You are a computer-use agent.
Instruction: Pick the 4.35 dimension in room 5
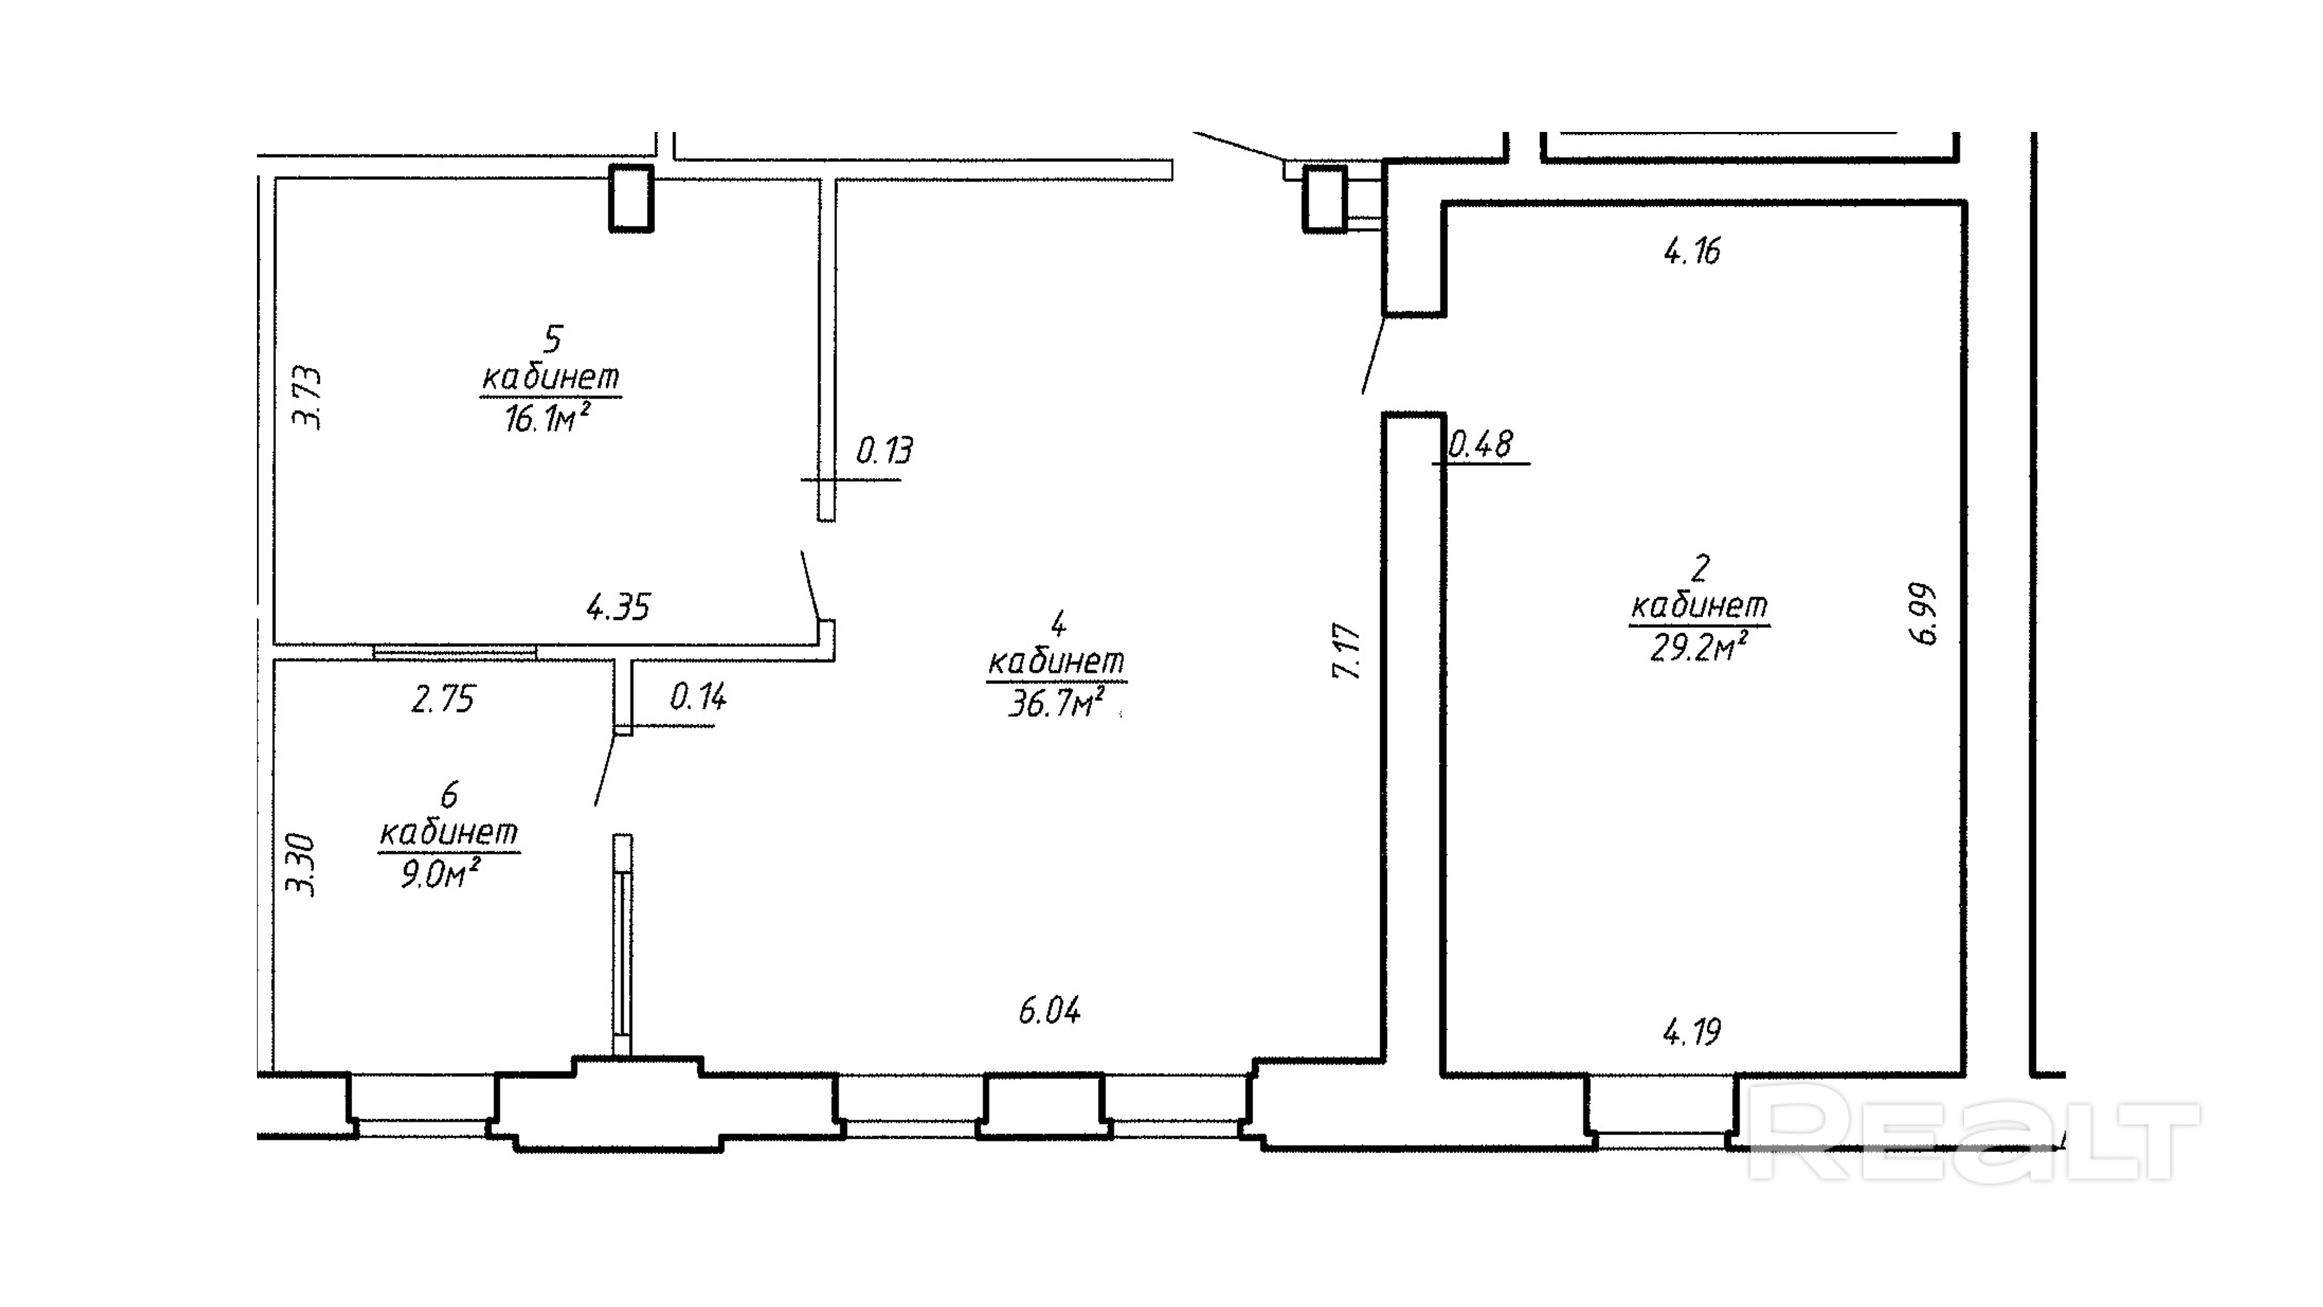tap(619, 607)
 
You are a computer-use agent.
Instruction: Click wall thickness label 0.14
tap(698, 696)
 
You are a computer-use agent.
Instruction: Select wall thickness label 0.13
tap(884, 450)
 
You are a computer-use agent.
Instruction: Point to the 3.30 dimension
tap(301, 864)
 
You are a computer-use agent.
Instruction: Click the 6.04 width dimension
tap(1050, 1010)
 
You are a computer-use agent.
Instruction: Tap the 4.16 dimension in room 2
tap(1692, 251)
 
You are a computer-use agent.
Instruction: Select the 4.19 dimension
tap(1692, 1031)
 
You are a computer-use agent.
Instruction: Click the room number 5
tap(552, 339)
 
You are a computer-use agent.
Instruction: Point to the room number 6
tap(449, 795)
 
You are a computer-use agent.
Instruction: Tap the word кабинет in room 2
tap(1699, 605)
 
